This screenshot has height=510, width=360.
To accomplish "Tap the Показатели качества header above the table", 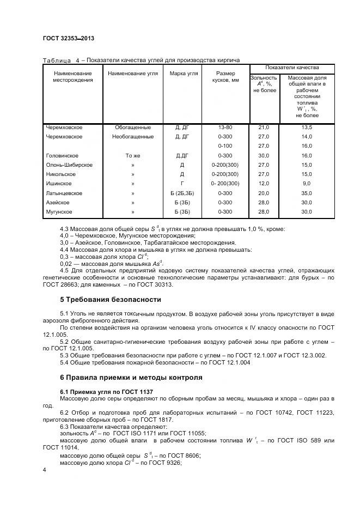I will tap(292, 68).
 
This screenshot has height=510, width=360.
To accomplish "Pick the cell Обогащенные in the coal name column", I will tap(133, 127).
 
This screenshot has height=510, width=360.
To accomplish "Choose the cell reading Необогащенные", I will tap(133, 137).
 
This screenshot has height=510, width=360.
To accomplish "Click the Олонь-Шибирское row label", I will tap(69, 165).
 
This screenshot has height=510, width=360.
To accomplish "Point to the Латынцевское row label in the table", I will tap(64, 193).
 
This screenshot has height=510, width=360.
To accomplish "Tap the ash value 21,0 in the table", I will tap(264, 127).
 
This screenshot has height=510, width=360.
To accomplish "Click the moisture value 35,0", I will tap(307, 193).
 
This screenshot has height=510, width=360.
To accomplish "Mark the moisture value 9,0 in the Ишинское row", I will tap(307, 184).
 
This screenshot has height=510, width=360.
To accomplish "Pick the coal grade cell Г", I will tap(182, 184).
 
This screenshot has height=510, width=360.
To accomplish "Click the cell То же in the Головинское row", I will tap(133, 156).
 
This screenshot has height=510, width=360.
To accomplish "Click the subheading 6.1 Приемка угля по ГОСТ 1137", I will tap(106, 392).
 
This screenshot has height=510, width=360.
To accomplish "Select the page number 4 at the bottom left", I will tap(44, 470).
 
